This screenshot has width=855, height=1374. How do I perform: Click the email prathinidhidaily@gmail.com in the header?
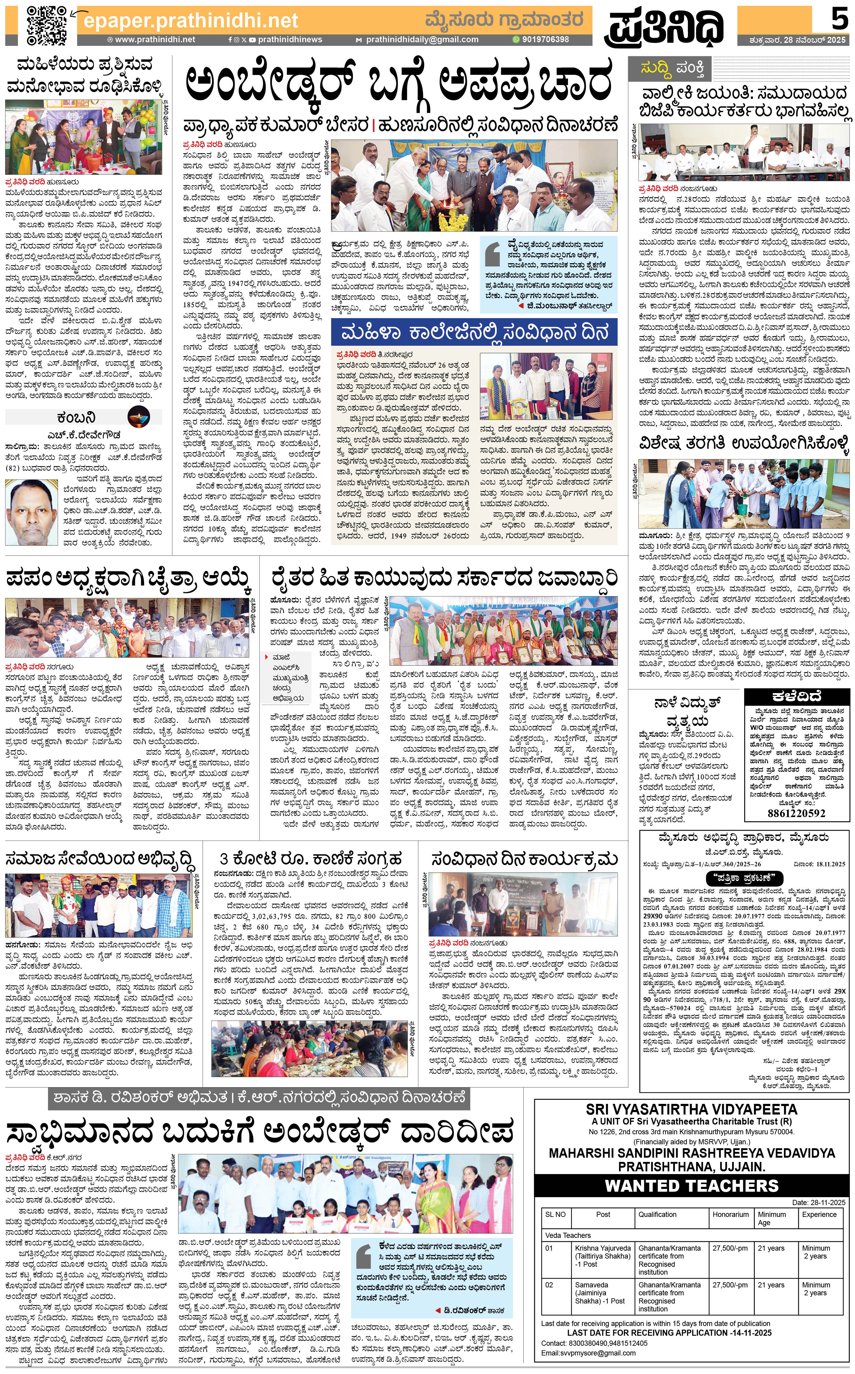(x=422, y=40)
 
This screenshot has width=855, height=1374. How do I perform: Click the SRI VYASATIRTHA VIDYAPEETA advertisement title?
(x=691, y=1109)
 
